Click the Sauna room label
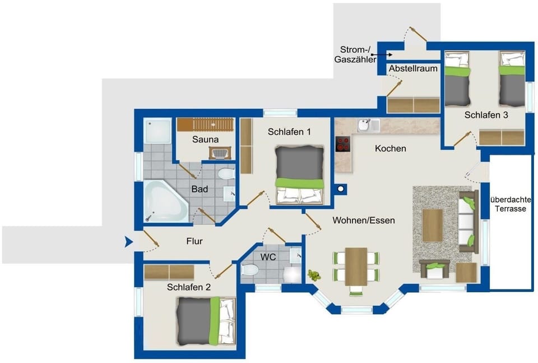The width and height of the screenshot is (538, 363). (x=205, y=139)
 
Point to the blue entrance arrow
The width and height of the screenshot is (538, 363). (x=129, y=242)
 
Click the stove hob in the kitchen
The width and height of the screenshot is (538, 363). (x=342, y=144)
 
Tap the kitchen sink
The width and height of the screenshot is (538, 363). (x=365, y=123)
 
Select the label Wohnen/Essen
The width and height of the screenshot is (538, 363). (x=363, y=220)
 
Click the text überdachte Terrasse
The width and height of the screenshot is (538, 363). (x=511, y=204)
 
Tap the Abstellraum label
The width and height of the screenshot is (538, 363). (x=413, y=68)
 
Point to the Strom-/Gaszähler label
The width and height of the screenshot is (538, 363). (x=355, y=54)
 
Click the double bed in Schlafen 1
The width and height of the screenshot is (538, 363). (x=299, y=174)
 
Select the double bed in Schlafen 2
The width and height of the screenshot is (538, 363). (x=205, y=320)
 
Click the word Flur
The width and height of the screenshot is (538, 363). (x=194, y=242)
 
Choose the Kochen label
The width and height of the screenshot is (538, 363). (x=390, y=149)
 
